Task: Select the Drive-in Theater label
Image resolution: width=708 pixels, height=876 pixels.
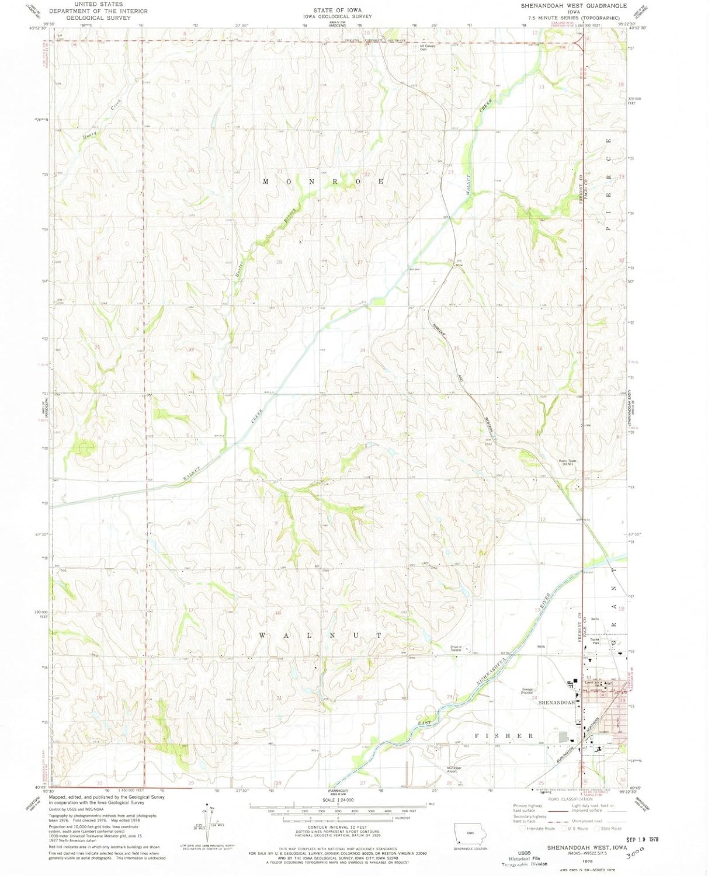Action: tap(456, 648)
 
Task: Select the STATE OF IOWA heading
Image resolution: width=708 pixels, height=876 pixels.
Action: tap(338, 10)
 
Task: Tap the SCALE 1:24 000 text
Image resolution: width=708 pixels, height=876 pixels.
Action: tap(338, 800)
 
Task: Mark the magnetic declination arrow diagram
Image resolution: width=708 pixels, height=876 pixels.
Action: tap(206, 823)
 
